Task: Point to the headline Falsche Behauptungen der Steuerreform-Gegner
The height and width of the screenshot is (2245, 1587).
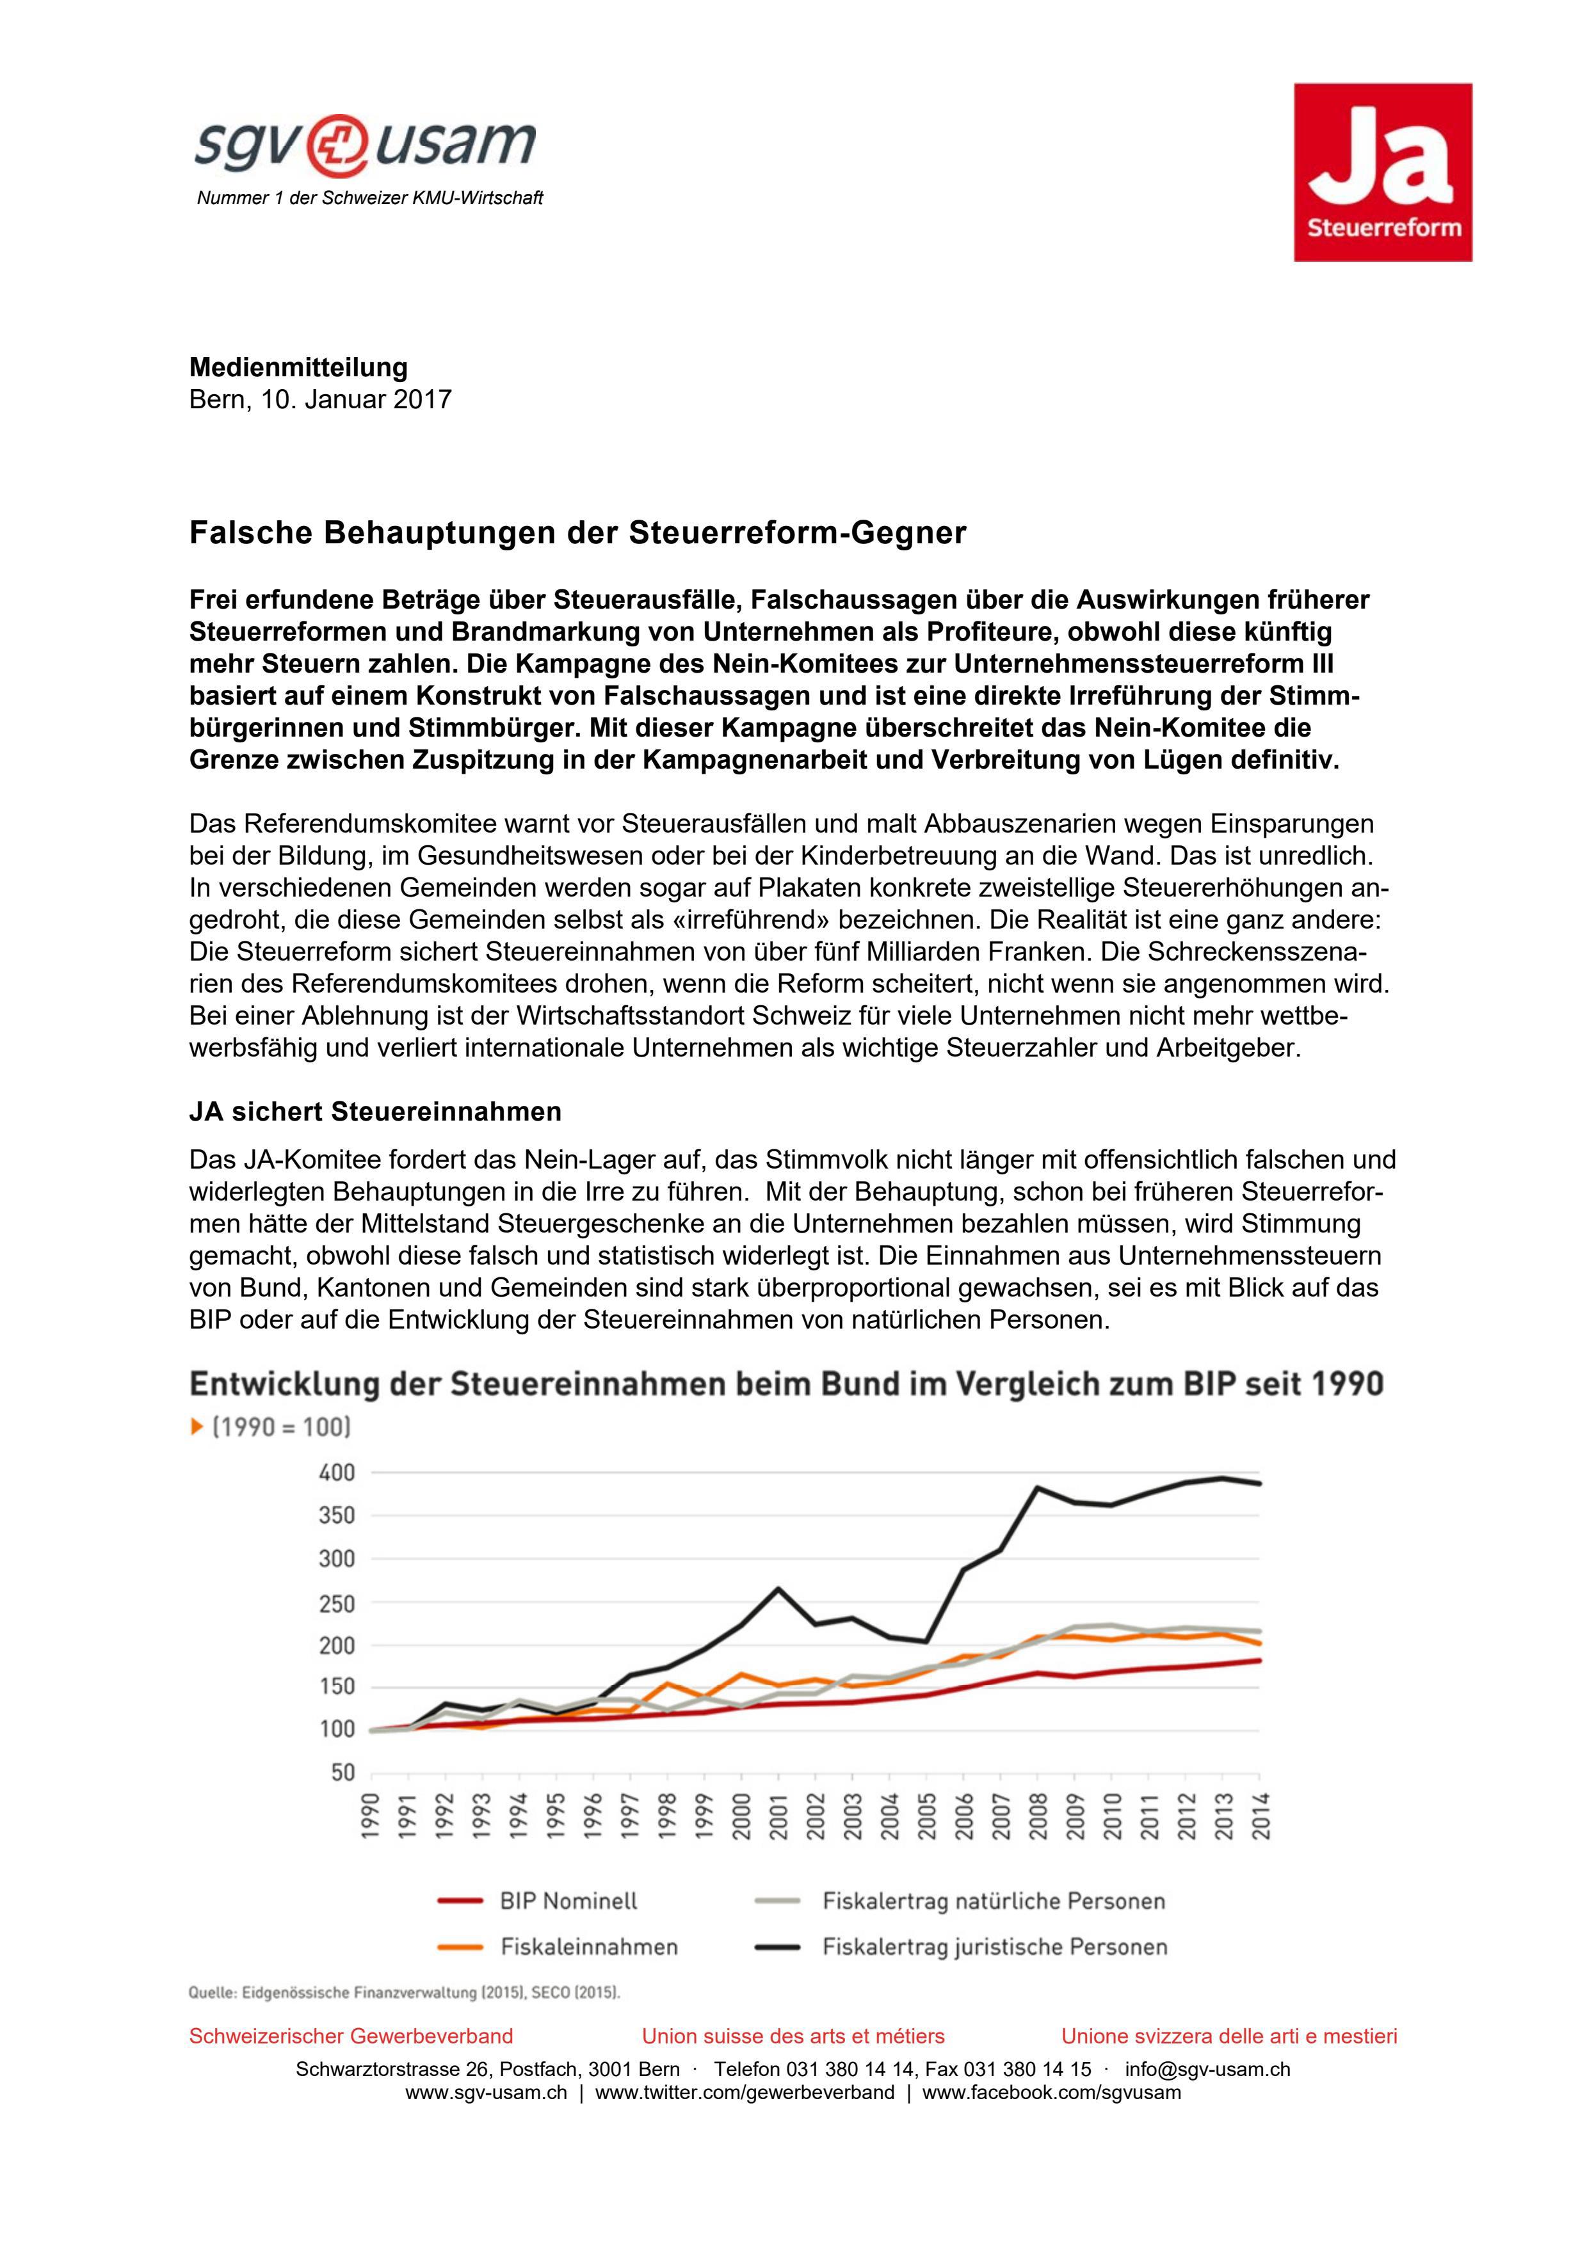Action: (x=577, y=533)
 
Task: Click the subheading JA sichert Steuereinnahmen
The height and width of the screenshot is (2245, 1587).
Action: (x=376, y=1112)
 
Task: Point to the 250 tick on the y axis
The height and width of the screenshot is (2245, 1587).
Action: (x=336, y=1604)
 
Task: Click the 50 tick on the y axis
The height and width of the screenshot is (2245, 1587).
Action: (x=342, y=1773)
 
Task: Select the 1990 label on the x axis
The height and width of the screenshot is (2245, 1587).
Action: (x=371, y=1817)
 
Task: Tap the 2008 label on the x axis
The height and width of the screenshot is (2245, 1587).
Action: (x=1038, y=1817)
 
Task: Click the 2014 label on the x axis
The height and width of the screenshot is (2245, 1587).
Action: (x=1259, y=1817)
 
